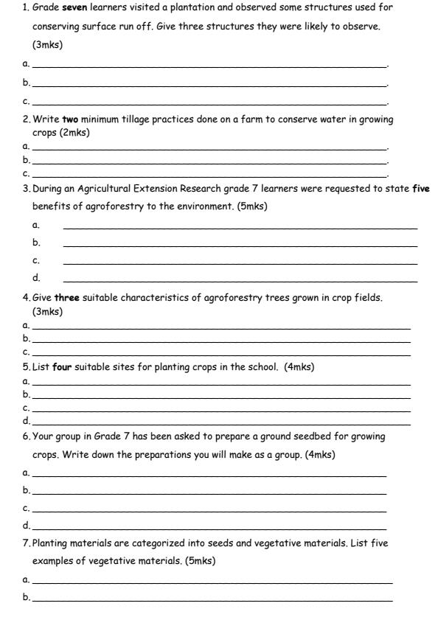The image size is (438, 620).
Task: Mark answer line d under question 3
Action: coord(240,282)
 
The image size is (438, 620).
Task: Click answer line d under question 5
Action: coord(221,424)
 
